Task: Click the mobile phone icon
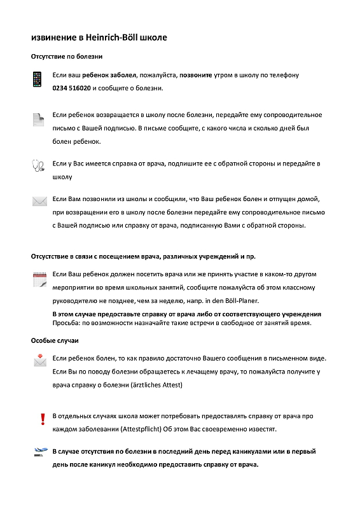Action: (x=38, y=80)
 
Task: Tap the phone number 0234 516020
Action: (x=71, y=88)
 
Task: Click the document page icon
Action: (x=39, y=119)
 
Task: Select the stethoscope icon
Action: (x=38, y=165)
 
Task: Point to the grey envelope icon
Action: (x=40, y=201)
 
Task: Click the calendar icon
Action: (x=39, y=278)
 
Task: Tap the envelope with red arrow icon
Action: (x=40, y=360)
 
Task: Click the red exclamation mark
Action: (x=43, y=419)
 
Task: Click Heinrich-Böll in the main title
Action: (x=111, y=38)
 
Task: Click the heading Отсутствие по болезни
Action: (x=66, y=57)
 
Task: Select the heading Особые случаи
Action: (x=55, y=341)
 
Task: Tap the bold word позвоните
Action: (x=197, y=75)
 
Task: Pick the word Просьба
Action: (x=66, y=323)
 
